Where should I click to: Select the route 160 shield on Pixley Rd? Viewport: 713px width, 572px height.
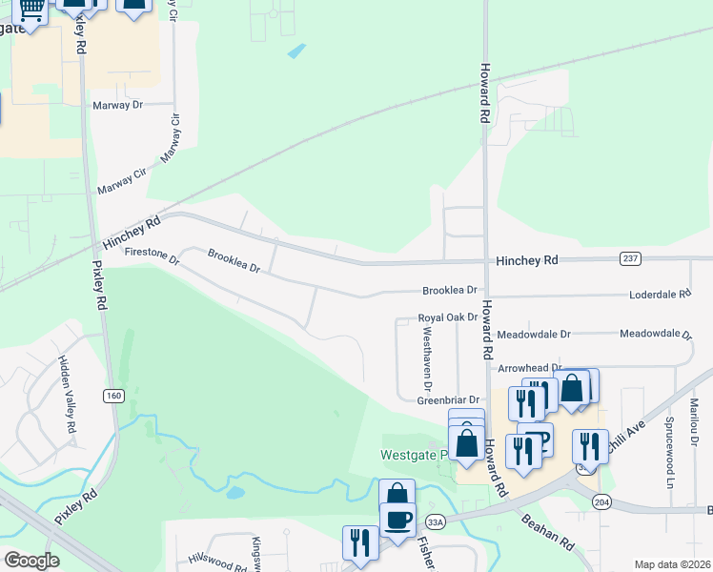click(x=114, y=394)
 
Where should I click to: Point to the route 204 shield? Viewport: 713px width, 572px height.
click(x=601, y=500)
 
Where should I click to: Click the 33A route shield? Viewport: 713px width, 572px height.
click(x=436, y=521)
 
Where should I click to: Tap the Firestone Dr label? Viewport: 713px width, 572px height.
click(x=152, y=253)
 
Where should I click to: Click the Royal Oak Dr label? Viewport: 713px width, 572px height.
click(x=447, y=317)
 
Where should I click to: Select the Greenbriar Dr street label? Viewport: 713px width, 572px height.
click(x=447, y=400)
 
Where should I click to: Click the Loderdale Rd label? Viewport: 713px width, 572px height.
click(x=659, y=295)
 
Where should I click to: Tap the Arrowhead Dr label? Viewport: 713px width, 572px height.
click(x=530, y=367)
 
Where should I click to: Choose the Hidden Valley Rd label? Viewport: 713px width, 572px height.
click(x=65, y=396)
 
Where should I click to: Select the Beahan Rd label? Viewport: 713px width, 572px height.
click(x=546, y=531)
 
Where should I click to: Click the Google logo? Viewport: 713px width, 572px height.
click(x=31, y=560)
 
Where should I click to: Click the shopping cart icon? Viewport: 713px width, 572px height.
click(x=31, y=9)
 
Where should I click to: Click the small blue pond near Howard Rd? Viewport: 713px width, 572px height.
click(x=297, y=51)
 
